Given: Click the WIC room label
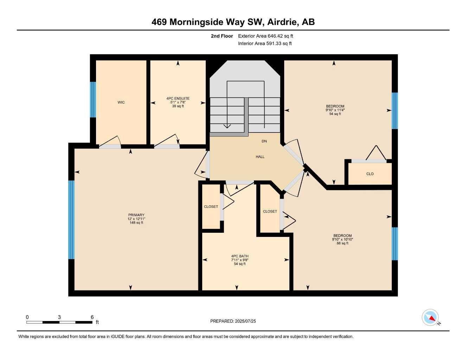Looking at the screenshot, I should pos(121,103).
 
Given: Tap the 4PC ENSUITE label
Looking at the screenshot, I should pos(178,98).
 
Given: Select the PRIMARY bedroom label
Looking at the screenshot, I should pos(136,215).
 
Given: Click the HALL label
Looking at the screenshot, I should pos(260,157).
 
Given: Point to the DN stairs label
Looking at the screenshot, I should pos(264,141).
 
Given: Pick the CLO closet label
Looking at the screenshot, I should pos(370,174).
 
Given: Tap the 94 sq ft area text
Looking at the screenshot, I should pos(335,114).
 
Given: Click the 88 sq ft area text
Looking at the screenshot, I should pos(342,243).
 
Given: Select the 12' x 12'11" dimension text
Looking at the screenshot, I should pos(136,219).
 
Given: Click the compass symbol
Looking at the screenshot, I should pos(430,317).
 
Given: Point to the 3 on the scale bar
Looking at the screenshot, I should pos(59,317).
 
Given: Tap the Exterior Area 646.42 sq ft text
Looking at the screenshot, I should pos(266,36).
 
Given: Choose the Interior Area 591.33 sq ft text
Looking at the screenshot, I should pos(265,44).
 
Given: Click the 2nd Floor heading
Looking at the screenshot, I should pos(222,36).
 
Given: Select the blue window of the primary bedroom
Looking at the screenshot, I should pos(71,220).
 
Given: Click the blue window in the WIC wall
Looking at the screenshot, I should pos(93,99).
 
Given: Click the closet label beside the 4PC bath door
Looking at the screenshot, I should pos(211,207).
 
